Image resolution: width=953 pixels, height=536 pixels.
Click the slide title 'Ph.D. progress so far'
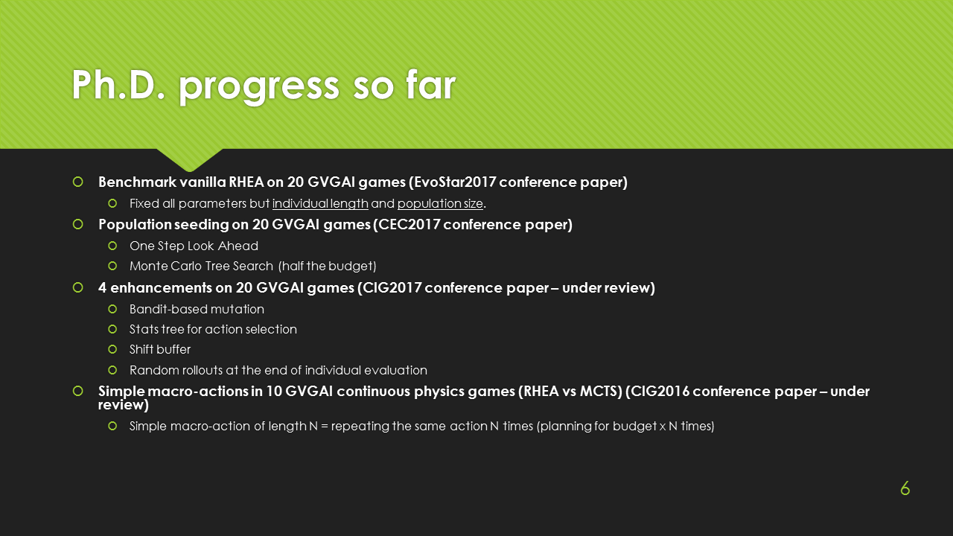(x=264, y=86)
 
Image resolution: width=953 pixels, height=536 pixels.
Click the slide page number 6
(x=905, y=488)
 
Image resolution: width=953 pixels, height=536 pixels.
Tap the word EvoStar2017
(x=454, y=182)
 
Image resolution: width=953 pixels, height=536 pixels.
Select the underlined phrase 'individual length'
(x=320, y=204)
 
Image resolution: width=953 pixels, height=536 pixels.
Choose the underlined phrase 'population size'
(x=440, y=204)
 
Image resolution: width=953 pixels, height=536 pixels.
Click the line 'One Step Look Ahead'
(x=194, y=246)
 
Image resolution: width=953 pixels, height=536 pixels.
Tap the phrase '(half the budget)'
(x=327, y=267)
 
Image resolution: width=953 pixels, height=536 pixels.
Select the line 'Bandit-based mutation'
(x=197, y=309)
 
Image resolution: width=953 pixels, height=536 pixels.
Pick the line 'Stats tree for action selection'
(x=213, y=329)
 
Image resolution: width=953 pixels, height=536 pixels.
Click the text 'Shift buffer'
(x=160, y=349)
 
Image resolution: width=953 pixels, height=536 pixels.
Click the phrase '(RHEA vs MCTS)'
(x=570, y=392)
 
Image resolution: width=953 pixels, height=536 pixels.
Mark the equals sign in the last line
(x=324, y=427)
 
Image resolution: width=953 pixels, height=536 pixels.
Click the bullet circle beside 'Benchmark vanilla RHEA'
(x=78, y=182)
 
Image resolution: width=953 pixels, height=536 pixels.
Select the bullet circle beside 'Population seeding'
(x=78, y=224)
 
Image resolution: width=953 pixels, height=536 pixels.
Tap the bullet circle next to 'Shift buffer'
(x=112, y=349)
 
